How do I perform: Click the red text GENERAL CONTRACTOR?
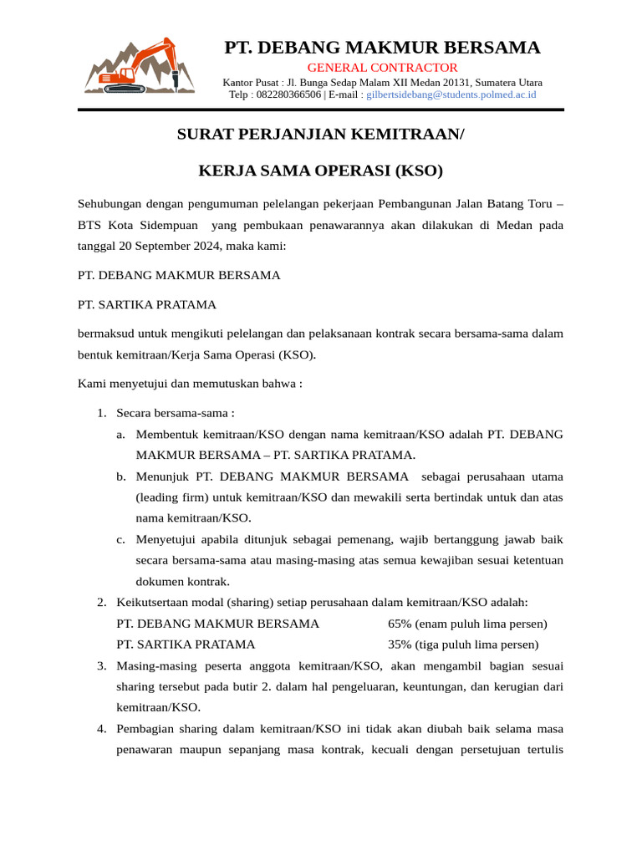(x=382, y=68)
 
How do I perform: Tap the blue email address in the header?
(x=451, y=95)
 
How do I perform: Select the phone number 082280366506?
(x=287, y=95)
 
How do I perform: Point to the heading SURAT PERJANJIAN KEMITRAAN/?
(x=320, y=134)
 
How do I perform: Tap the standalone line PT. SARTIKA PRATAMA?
(x=147, y=304)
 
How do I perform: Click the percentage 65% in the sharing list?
(x=401, y=624)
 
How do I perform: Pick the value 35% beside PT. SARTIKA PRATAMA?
(x=401, y=645)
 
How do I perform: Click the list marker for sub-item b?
(x=121, y=476)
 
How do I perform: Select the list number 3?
(x=100, y=666)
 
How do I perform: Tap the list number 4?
(x=100, y=729)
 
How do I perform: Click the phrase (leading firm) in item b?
(x=173, y=497)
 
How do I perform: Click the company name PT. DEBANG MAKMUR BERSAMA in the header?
(x=382, y=47)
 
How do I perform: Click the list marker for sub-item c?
(x=121, y=539)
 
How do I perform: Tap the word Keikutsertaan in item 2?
(x=155, y=603)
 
